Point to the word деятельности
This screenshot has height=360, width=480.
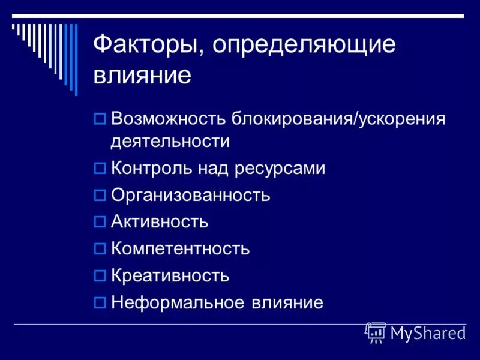170,142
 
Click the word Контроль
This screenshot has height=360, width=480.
151,169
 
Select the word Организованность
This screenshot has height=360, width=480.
191,196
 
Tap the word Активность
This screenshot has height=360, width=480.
160,222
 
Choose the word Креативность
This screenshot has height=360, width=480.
170,275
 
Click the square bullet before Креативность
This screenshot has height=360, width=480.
100,276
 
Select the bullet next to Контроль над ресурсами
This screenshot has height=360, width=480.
100,169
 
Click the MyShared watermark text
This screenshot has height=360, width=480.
428,333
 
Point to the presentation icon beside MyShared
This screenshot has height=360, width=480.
376,332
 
